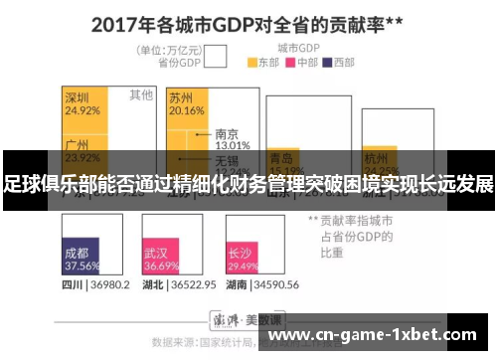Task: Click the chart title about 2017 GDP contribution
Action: (249, 22)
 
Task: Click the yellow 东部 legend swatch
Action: (252, 62)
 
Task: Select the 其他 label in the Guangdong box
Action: (141, 95)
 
